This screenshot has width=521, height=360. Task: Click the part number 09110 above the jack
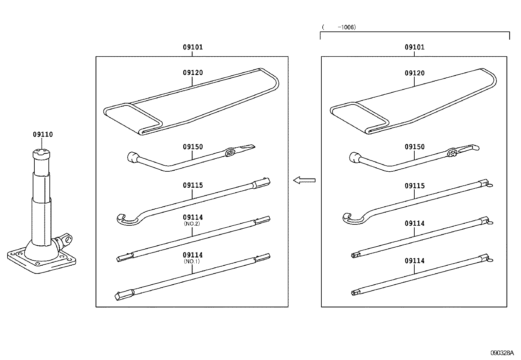[43, 134]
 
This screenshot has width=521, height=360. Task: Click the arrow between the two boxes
[304, 180]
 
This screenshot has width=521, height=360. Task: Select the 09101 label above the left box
[193, 47]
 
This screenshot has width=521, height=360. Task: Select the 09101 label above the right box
[415, 47]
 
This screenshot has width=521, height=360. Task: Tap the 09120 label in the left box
[193, 73]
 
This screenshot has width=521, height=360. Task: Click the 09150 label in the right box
[415, 147]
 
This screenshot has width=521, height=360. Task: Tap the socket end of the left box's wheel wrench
[132, 157]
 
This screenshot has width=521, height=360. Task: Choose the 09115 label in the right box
[415, 186]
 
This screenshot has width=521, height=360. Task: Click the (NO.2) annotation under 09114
[192, 224]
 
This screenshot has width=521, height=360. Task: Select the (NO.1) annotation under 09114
[192, 261]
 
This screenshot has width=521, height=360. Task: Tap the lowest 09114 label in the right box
[415, 261]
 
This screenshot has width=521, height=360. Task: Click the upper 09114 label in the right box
[415, 223]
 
